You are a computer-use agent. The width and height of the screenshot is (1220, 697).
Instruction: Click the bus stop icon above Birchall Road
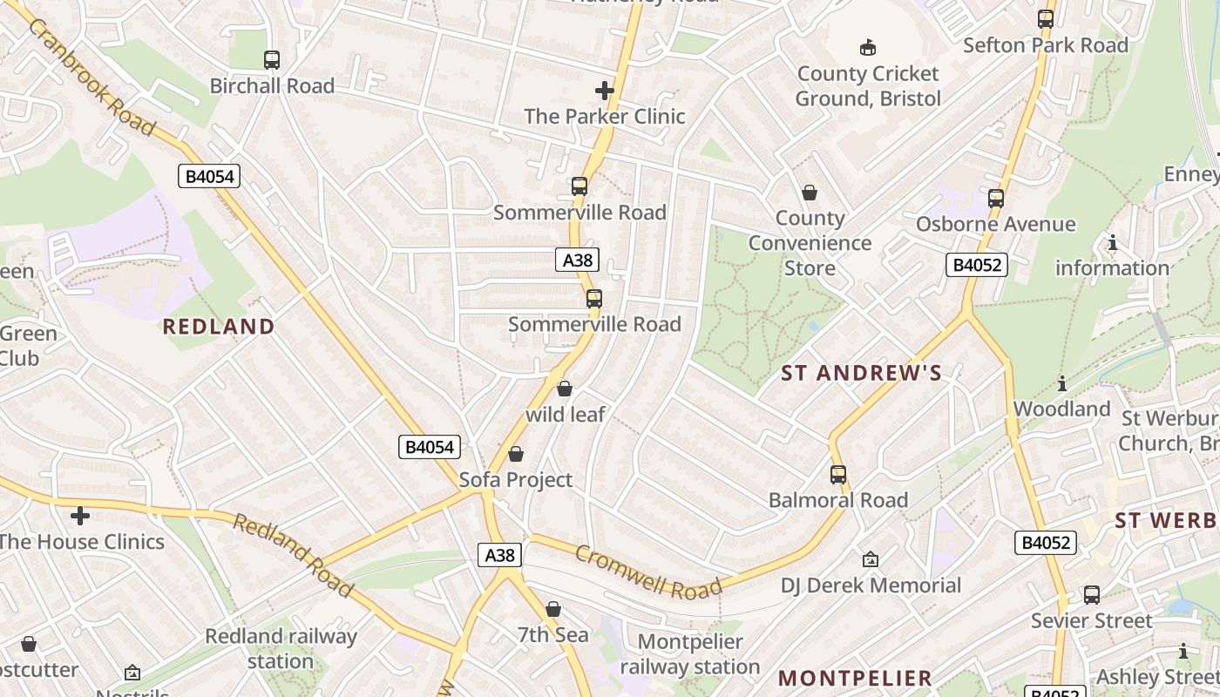[272, 60]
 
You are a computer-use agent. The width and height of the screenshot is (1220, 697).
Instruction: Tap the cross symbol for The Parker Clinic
[604, 90]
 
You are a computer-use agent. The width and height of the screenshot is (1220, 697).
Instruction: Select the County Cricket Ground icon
[867, 47]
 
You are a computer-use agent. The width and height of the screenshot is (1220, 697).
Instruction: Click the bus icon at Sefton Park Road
[1045, 19]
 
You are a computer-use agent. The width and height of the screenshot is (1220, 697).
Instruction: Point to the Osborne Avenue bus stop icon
[996, 199]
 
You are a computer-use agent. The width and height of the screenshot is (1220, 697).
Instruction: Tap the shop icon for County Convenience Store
[810, 193]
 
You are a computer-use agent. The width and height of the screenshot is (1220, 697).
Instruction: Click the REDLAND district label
[219, 327]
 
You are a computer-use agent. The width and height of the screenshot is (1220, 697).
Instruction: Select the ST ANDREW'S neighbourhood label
[861, 374]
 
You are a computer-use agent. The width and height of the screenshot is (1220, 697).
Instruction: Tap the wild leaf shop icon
[565, 389]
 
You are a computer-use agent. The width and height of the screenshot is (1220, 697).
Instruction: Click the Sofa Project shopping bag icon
[516, 454]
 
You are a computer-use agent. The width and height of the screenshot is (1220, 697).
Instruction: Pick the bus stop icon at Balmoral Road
[838, 475]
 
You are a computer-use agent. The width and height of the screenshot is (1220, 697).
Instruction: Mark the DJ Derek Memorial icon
[870, 559]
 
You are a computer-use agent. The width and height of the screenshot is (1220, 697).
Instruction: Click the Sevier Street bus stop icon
[1091, 595]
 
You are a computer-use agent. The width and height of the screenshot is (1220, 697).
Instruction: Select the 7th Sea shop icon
[553, 609]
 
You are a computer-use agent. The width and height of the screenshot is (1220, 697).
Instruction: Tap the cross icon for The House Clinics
[80, 516]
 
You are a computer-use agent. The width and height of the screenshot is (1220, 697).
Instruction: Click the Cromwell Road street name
[648, 572]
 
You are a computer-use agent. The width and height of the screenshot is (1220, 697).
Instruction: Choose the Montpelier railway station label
[690, 654]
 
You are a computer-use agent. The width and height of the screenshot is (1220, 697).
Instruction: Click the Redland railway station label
[281, 648]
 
